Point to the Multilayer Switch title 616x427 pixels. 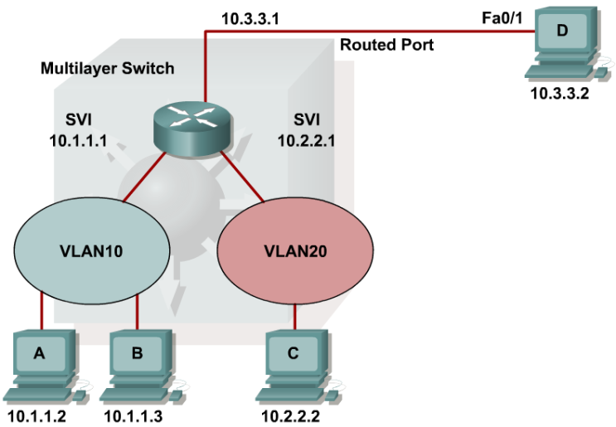(x=108, y=67)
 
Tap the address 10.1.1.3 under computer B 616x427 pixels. (x=135, y=415)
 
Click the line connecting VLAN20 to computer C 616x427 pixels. (x=297, y=316)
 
